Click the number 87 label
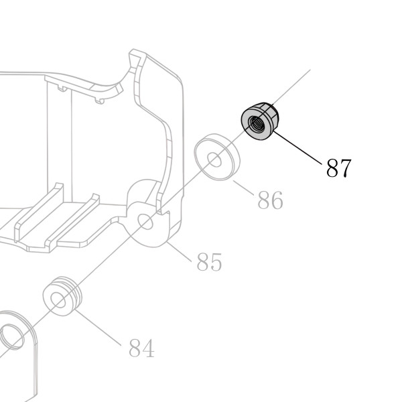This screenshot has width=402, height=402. click(338, 168)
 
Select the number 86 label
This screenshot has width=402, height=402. click(270, 200)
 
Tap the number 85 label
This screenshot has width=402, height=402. click(209, 262)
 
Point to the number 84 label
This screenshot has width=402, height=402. click(141, 348)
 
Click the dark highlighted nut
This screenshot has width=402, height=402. click(260, 121)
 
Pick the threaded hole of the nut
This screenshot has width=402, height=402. click(255, 124)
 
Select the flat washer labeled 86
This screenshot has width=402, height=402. click(217, 157)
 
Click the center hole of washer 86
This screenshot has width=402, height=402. click(214, 159)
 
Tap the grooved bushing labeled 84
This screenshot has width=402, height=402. click(62, 296)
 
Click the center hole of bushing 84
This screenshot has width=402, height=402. click(58, 300)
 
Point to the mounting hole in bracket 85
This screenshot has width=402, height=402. click(145, 222)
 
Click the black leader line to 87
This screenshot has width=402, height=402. click(297, 147)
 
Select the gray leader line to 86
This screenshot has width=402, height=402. click(244, 188)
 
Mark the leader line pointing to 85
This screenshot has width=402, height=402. click(179, 252)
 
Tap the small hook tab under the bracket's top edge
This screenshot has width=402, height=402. click(100, 101)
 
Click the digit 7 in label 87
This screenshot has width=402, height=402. click(345, 168)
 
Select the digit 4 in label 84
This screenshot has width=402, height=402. click(148, 348)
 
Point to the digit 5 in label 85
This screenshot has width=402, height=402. click(216, 262)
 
